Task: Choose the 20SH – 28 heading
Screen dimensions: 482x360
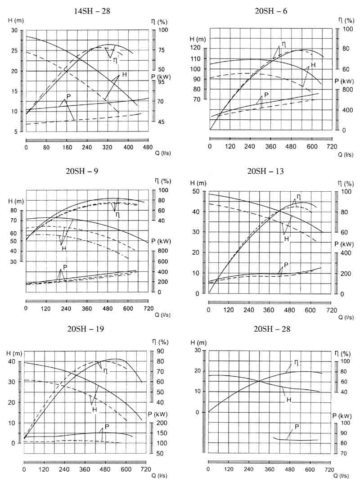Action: [272, 329]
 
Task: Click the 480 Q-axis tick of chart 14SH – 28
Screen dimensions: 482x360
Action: [148, 147]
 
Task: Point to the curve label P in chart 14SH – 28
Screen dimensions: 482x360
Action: [68, 96]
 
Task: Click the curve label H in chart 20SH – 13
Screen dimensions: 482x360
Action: [286, 239]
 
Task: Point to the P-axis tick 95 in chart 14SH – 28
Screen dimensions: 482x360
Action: [160, 82]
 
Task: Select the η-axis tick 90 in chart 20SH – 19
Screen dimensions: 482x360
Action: [160, 351]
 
